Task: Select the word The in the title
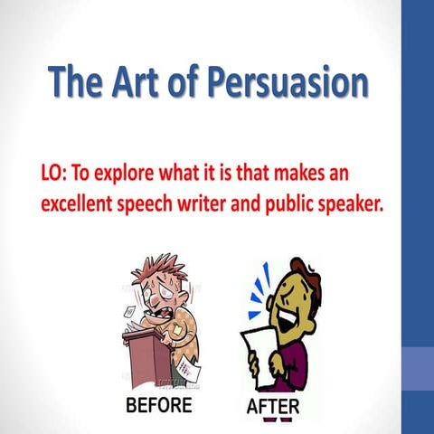point(79,82)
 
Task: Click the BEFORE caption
point(158,406)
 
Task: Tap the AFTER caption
point(273,407)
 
